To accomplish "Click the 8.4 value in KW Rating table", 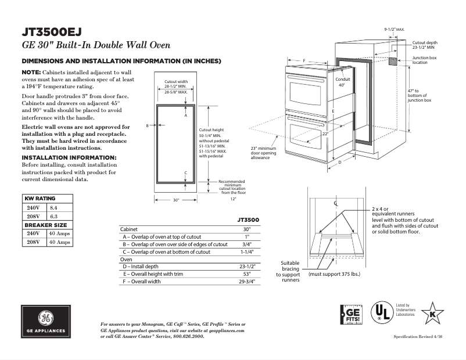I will point(53,207).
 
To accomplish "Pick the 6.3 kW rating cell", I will point(53,216).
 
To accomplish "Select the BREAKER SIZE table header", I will point(45,225).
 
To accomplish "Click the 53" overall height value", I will point(246,273).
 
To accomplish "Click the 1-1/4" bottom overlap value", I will point(246,252).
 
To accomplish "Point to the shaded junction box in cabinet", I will point(393,60).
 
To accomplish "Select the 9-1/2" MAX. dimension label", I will point(395,28).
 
